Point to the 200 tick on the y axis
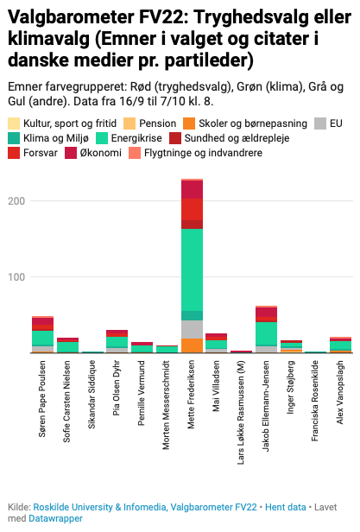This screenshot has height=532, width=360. click(15, 200)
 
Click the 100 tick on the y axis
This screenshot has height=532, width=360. click(15, 276)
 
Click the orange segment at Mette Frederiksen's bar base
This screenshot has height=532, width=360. click(193, 345)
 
